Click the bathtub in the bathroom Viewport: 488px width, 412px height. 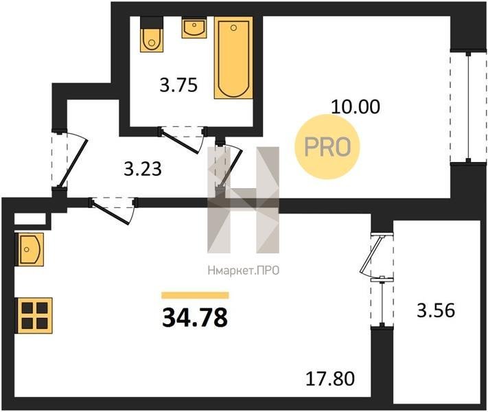click(233, 58)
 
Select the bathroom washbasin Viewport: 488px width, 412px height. click(194, 28)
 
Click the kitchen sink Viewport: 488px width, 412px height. click(31, 249)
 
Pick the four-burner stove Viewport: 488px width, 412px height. click(35, 315)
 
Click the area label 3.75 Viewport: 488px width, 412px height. click(178, 84)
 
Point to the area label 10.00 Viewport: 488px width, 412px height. click(356, 107)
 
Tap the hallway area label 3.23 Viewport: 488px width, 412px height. click(143, 169)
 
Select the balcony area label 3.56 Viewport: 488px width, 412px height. click(436, 310)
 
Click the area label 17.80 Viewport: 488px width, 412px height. click(330, 378)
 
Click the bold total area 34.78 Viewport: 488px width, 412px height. click(195, 318)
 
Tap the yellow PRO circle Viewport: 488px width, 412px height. click(327, 147)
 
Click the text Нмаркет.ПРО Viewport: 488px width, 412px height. click(244, 271)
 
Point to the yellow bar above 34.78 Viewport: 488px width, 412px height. click(195, 295)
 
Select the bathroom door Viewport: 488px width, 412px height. click(183, 140)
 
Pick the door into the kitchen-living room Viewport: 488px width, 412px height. click(113, 211)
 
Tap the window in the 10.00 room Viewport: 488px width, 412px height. click(468, 107)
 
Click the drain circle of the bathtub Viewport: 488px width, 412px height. click(233, 27)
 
